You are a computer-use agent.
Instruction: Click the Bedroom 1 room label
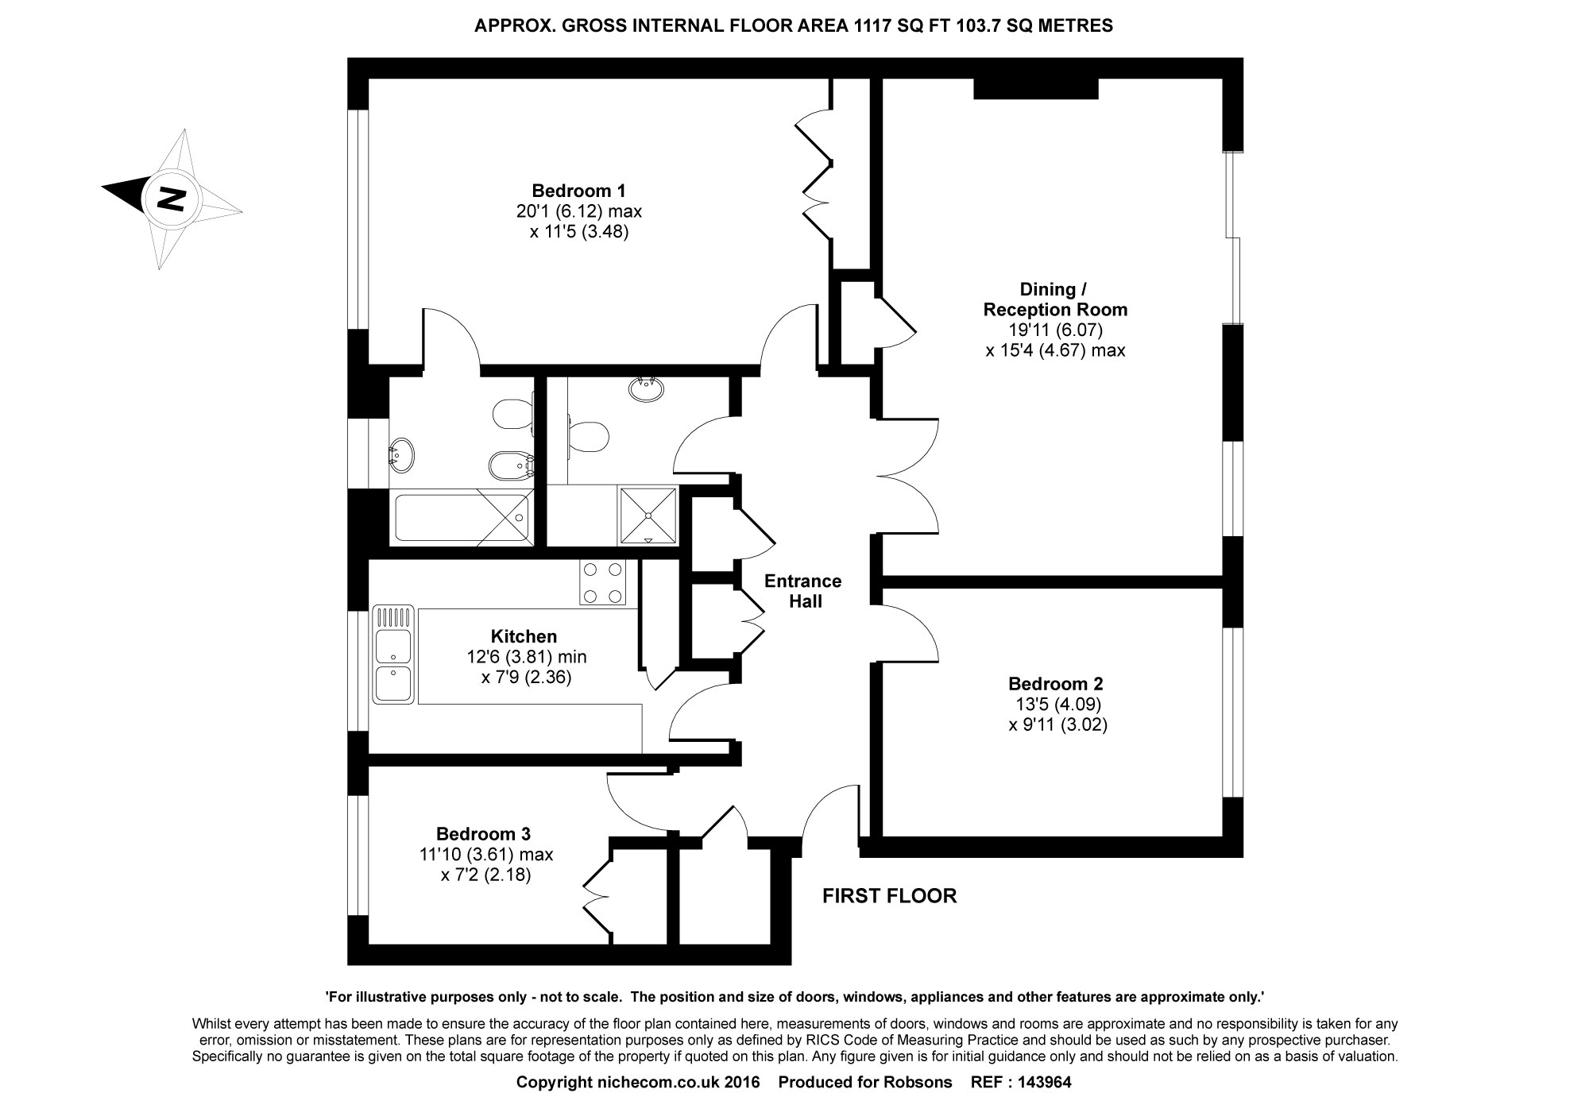pos(578,191)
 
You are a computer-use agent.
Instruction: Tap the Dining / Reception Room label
pos(1055,299)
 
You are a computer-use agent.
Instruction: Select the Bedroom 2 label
pos(1056,683)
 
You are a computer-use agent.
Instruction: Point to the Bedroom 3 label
pos(483,834)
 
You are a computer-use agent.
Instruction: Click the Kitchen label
pos(524,636)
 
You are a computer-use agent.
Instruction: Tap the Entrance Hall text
pos(803,591)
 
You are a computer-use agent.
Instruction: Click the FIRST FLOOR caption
pos(889,896)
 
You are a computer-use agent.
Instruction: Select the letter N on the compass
pos(171,198)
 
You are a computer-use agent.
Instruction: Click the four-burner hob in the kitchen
pos(603,582)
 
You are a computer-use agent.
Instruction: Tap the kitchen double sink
pos(393,655)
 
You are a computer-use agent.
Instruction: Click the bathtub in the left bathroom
pos(462,517)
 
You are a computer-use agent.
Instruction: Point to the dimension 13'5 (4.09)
pos(1058,704)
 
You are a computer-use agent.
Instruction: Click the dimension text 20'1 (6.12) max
pos(578,211)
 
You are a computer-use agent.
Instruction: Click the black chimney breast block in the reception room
pos(1036,88)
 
